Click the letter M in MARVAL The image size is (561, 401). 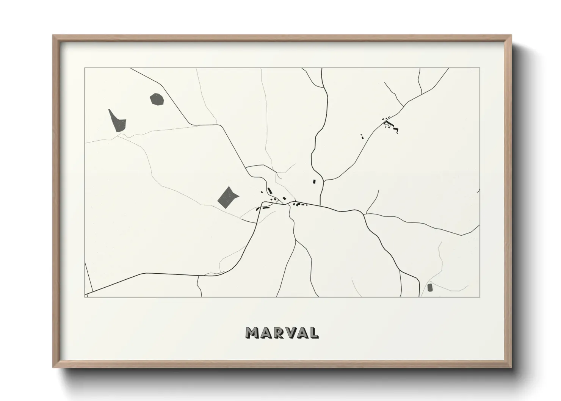click(x=253, y=333)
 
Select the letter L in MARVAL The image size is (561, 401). click(x=314, y=333)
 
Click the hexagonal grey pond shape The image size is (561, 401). click(x=157, y=99)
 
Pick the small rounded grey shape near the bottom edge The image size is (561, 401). click(x=430, y=287)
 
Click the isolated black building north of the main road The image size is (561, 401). click(x=314, y=182)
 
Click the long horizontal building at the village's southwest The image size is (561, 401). click(x=266, y=208)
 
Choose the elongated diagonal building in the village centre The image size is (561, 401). click(x=270, y=190)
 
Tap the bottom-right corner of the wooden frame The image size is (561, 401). click(x=511, y=368)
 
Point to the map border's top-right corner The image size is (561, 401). click(x=480, y=68)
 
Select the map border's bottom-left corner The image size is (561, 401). click(x=85, y=297)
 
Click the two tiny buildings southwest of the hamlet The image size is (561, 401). click(x=362, y=136)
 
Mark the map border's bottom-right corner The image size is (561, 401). click(x=480, y=297)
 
